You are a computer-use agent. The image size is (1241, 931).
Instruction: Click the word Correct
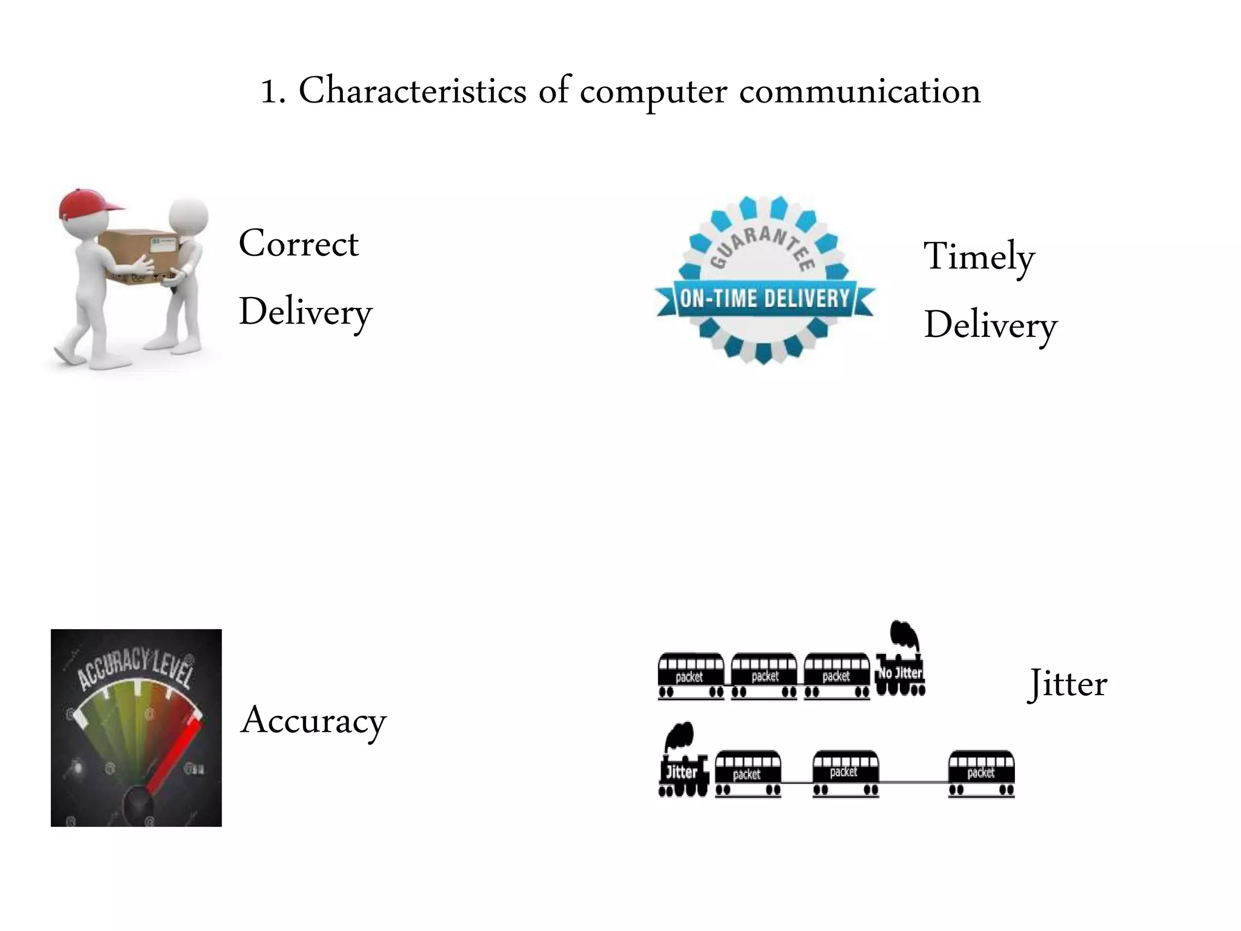299,244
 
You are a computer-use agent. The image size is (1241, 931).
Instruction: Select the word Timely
979,257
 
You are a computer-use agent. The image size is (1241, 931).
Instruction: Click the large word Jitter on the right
1068,684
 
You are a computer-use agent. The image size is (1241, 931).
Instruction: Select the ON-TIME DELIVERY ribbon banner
764,299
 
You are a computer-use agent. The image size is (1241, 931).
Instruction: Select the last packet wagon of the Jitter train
981,773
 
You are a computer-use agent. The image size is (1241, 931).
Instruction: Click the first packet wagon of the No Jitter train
691,675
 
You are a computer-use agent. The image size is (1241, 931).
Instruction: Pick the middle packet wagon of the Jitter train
845,773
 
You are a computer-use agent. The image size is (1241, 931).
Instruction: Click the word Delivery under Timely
990,325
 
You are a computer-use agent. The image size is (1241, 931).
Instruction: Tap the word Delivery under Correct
305,312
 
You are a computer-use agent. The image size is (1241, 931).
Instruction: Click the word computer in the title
653,92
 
